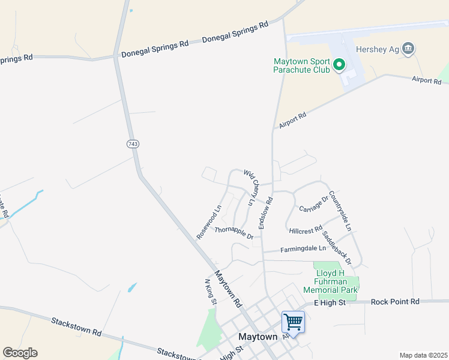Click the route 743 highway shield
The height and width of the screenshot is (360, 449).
[133, 144]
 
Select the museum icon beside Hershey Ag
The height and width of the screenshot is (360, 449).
[408, 49]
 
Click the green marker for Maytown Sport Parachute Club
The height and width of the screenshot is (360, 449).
[339, 64]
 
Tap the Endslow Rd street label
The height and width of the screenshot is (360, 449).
[265, 212]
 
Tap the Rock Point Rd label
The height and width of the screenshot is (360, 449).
[395, 302]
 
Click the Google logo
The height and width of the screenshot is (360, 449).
[20, 353]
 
